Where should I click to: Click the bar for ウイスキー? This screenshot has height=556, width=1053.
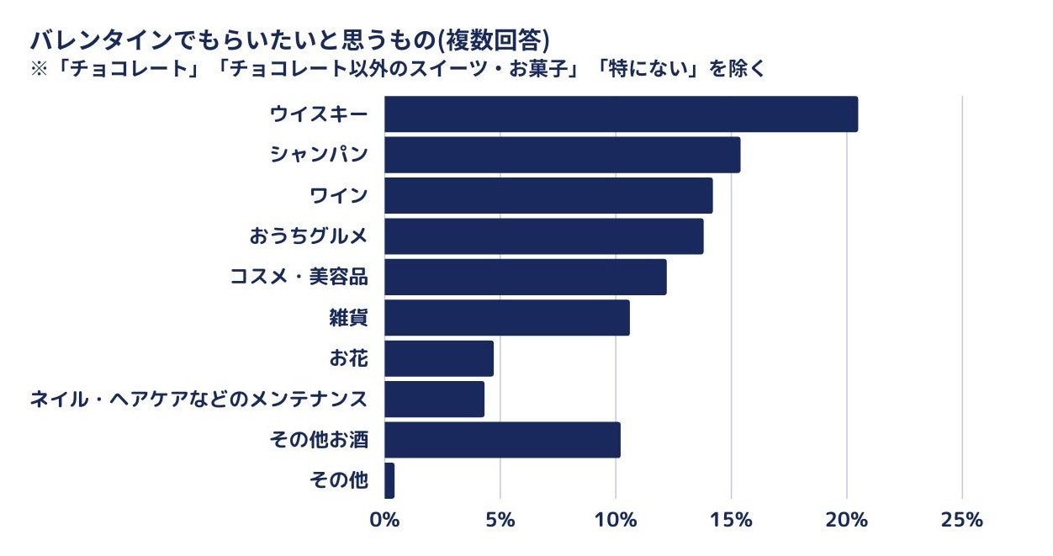point(621,114)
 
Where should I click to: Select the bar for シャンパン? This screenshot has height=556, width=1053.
point(562,155)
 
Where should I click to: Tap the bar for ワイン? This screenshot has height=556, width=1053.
point(548,196)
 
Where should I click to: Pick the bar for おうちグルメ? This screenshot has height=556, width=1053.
point(543,236)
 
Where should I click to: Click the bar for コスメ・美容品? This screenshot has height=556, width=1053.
point(525,277)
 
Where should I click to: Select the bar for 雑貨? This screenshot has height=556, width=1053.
point(506,318)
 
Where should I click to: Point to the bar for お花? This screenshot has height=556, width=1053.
point(438,358)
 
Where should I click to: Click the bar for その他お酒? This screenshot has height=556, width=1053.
point(502,440)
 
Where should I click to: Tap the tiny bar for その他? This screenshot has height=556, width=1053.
point(389,480)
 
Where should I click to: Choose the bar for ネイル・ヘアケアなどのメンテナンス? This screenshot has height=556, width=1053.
point(434,399)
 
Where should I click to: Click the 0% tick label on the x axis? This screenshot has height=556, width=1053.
point(384,520)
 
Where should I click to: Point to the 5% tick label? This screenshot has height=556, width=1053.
point(500,520)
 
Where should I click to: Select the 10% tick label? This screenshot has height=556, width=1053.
point(616,520)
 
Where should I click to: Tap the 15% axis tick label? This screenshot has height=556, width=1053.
point(731,520)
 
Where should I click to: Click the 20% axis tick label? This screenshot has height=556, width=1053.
point(846,520)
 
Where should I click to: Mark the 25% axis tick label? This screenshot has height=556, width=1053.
point(961,520)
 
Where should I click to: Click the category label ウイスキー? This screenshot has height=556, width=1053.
point(319,114)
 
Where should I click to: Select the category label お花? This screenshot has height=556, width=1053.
point(348,358)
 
